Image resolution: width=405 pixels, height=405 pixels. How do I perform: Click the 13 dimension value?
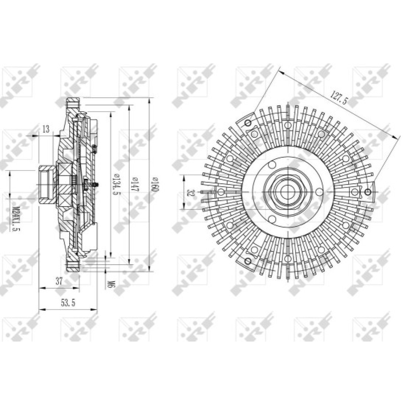pyautogui.click(x=46, y=129)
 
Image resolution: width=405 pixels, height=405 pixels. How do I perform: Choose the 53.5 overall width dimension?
pyautogui.click(x=68, y=303)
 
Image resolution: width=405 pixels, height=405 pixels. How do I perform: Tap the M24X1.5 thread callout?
pyautogui.click(x=15, y=218)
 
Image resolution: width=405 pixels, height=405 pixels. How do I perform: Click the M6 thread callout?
pyautogui.click(x=109, y=286)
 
